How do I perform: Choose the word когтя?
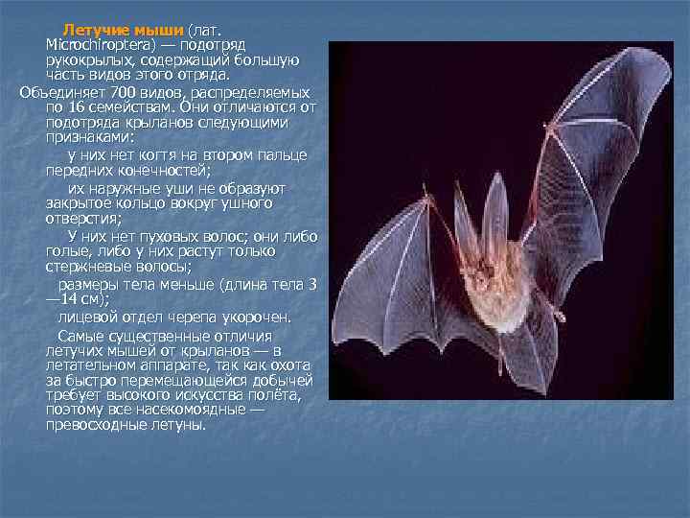[x=159, y=155]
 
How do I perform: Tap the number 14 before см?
[x=71, y=298]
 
